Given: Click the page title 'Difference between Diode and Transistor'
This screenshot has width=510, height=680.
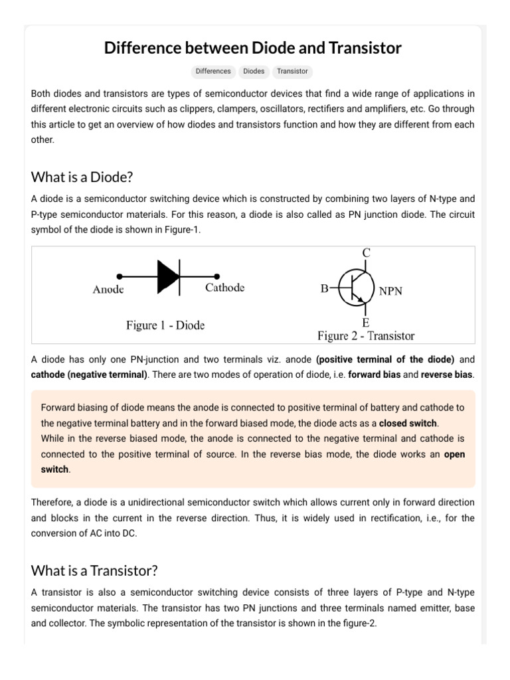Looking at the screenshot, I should click(x=253, y=48).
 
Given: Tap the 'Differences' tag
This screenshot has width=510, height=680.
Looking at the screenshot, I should click(x=213, y=71).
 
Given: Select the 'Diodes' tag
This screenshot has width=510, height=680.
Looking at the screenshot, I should click(x=254, y=71).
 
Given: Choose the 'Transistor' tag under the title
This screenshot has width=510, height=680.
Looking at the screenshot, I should click(x=292, y=71).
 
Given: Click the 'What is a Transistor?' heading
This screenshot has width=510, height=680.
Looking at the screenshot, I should click(x=94, y=570).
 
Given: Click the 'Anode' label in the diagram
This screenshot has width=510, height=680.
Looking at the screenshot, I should click(x=108, y=290).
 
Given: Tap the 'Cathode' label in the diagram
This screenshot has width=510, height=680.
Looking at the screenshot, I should click(x=224, y=288).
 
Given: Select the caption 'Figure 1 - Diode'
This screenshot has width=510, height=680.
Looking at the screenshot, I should click(x=165, y=325).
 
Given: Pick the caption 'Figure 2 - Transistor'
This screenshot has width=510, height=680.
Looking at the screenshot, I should click(x=365, y=335).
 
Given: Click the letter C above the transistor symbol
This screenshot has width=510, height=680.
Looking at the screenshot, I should click(x=366, y=253).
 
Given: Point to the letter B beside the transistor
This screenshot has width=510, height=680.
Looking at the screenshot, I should click(x=325, y=289).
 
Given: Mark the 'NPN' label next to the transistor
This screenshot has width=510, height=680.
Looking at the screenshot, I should click(x=390, y=291).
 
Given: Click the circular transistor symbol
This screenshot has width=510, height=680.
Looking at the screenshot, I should click(x=357, y=289).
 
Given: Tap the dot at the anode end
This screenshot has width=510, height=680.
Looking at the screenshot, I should click(x=120, y=276).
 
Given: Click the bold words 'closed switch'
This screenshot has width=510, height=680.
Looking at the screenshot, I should click(x=408, y=423).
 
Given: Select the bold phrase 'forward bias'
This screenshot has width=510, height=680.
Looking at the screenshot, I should click(x=374, y=375).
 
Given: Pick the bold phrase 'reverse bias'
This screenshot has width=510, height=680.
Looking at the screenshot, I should click(x=447, y=375).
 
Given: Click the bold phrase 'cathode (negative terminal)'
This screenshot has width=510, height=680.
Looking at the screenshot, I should click(x=89, y=375).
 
